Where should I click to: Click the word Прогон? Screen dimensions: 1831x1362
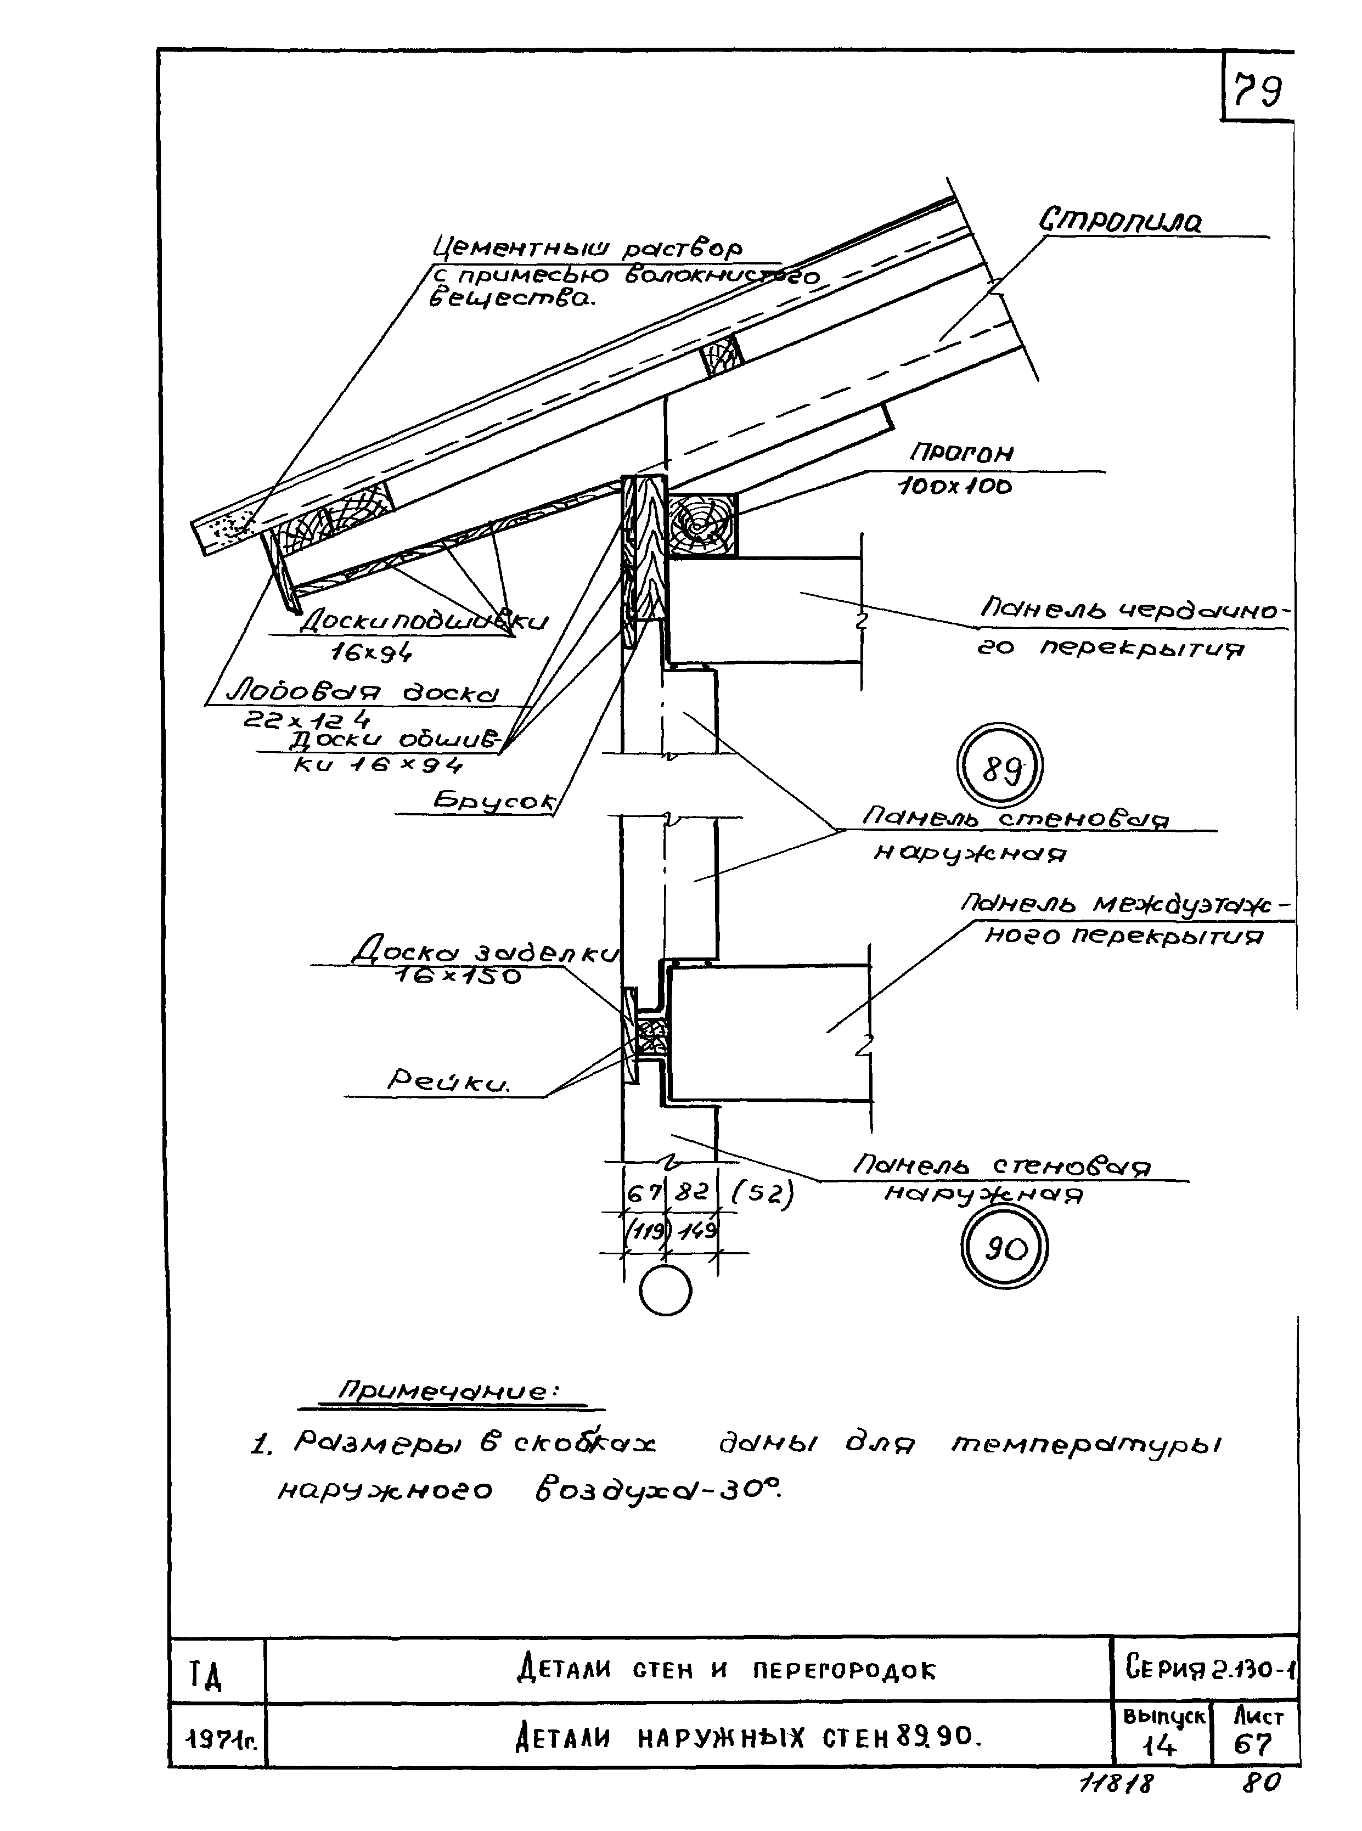960,453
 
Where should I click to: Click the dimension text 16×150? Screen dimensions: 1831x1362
458,977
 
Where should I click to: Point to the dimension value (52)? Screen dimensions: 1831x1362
763,1194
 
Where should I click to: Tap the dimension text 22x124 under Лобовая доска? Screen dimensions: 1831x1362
305,720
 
